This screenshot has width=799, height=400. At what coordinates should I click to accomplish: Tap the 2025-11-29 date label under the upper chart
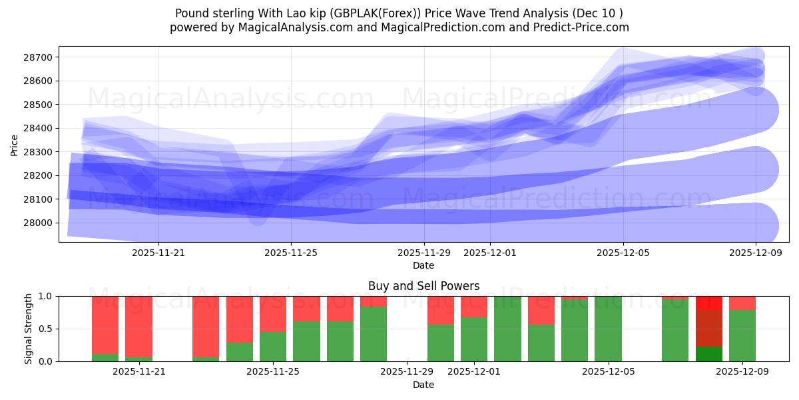[x=424, y=253]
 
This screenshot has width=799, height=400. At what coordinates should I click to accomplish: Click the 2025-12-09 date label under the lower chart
[x=742, y=372]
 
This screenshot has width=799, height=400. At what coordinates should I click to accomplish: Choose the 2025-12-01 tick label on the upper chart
[x=490, y=253]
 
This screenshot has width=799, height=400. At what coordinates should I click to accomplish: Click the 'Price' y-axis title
[x=14, y=145]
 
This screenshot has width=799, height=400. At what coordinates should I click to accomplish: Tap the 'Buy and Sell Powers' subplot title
[x=423, y=286]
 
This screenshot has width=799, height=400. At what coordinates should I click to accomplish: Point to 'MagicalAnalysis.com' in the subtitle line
[x=290, y=27]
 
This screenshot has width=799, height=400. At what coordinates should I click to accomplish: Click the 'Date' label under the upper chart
[x=423, y=265]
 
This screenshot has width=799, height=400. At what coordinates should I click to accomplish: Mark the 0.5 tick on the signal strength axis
[x=47, y=329]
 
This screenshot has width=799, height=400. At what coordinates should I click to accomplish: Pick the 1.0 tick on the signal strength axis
[x=47, y=296]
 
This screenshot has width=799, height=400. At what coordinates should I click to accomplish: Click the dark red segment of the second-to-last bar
[x=709, y=328]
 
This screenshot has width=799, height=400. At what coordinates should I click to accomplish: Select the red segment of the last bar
[x=742, y=303]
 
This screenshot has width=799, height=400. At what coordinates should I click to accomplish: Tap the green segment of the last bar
[x=742, y=336]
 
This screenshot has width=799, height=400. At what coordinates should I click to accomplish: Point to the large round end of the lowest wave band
[x=756, y=225]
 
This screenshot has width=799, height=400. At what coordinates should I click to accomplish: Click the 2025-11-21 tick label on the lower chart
[x=138, y=372]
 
